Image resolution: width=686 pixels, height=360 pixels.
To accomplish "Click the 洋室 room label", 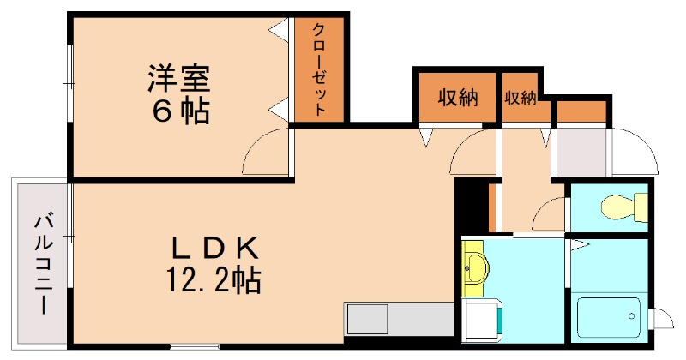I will [179, 78].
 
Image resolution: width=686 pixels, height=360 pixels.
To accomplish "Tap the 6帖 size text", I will [179, 111].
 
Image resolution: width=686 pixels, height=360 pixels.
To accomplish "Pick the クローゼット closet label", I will [319, 69].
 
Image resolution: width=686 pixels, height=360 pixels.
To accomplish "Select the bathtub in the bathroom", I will [609, 317].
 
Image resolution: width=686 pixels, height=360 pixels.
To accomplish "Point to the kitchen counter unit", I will [398, 319].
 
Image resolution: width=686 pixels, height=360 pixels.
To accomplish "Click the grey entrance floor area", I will [581, 153].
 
